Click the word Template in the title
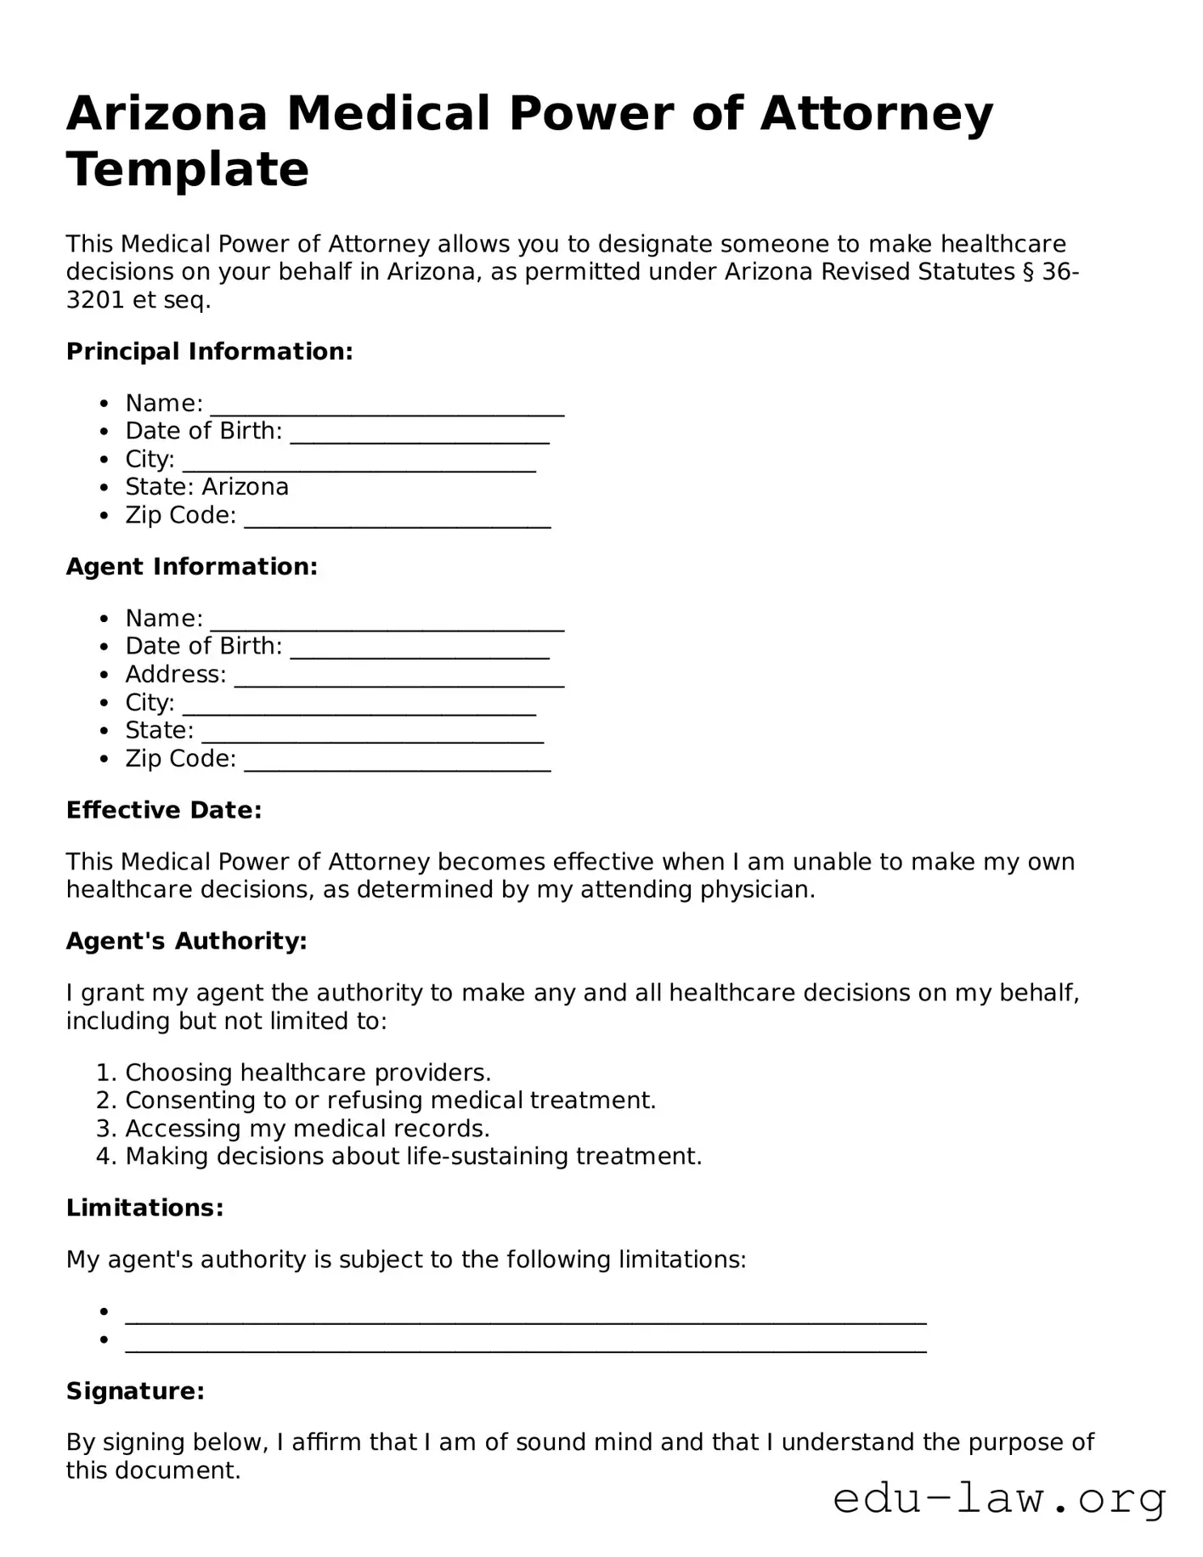tap(188, 169)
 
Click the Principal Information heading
tap(209, 351)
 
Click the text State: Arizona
tap(206, 487)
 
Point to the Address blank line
tap(398, 677)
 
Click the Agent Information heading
tap(192, 567)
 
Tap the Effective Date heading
tap(164, 810)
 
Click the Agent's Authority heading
tap(186, 941)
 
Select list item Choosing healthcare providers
tap(308, 1073)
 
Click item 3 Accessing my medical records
tap(307, 1129)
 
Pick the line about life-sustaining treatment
tap(413, 1157)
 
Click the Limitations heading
tap(145, 1208)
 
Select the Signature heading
tap(135, 1391)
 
